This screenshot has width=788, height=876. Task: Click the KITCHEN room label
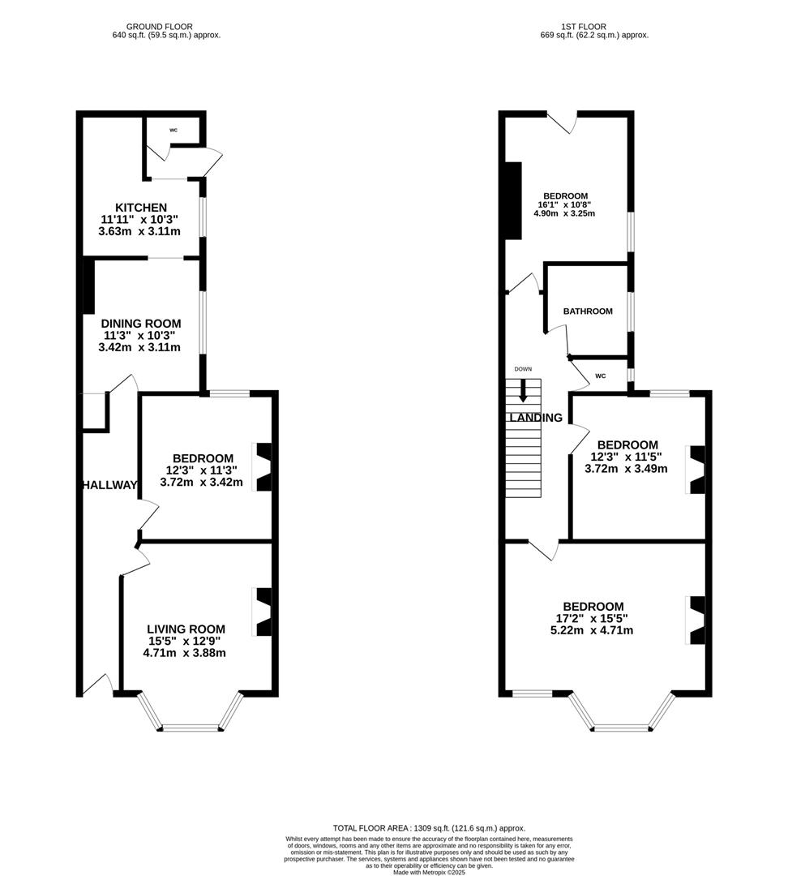click(141, 208)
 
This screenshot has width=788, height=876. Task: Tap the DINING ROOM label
click(141, 324)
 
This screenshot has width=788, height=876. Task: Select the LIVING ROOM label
click(186, 629)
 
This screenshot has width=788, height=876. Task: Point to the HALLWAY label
click(109, 485)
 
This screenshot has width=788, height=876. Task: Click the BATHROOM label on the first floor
click(588, 311)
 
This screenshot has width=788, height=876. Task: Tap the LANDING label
click(536, 418)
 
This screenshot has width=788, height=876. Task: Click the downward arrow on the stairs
click(523, 391)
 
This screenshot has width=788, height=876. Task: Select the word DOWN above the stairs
click(523, 369)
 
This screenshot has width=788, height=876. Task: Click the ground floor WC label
click(173, 130)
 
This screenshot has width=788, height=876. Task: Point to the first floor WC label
click(601, 376)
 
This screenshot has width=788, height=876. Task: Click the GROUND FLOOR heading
click(159, 26)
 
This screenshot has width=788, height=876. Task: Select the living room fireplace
click(263, 612)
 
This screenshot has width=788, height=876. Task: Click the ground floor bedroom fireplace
click(263, 467)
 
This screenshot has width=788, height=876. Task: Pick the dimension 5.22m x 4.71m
click(592, 630)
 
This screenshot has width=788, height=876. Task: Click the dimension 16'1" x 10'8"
click(564, 204)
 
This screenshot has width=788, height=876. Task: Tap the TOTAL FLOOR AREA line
click(429, 828)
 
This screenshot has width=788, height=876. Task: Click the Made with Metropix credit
click(429, 871)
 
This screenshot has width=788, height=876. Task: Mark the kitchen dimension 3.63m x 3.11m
click(139, 231)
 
